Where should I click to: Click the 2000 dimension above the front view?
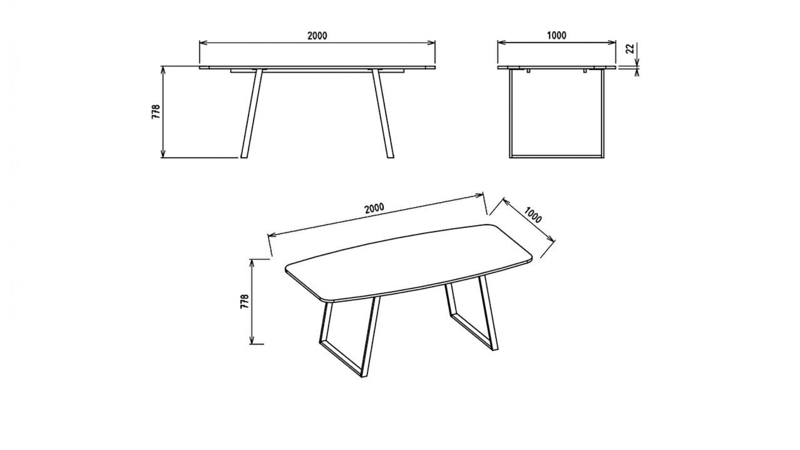pyautogui.click(x=317, y=36)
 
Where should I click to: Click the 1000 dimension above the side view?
pyautogui.click(x=557, y=36)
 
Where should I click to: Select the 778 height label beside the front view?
pyautogui.click(x=155, y=112)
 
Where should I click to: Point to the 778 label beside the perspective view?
pyautogui.click(x=245, y=301)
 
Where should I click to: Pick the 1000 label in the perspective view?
pyautogui.click(x=533, y=215)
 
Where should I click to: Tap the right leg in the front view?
pyautogui.click(x=382, y=113)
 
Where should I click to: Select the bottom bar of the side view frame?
pyautogui.click(x=557, y=157)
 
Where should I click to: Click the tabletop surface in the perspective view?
pyautogui.click(x=408, y=262)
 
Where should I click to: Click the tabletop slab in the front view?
pyautogui.click(x=317, y=67)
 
